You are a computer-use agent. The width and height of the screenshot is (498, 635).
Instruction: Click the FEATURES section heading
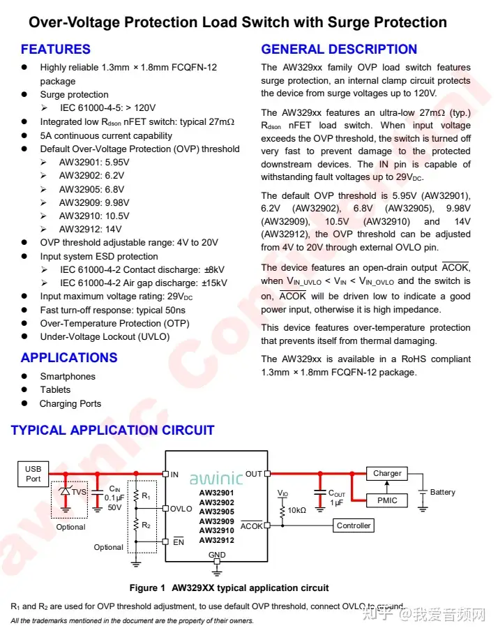[x=56, y=50]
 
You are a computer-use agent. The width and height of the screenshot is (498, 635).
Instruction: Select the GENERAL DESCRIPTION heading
[x=339, y=50]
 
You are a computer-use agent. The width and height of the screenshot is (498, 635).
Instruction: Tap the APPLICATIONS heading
[x=69, y=358]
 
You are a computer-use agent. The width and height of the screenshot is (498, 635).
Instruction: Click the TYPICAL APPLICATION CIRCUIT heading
[x=112, y=431]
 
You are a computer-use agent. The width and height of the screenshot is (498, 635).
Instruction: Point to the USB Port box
[x=33, y=474]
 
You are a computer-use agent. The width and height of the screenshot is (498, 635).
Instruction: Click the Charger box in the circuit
[x=387, y=473]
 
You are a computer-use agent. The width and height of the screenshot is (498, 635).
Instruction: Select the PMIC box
[x=387, y=500]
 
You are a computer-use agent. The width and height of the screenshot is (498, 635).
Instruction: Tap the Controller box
[x=354, y=525]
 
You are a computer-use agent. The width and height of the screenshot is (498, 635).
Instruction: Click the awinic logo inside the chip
[x=216, y=479]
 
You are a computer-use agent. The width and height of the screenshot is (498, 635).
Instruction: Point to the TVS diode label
[x=79, y=491]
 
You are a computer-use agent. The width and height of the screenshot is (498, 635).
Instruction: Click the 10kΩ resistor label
[x=297, y=510]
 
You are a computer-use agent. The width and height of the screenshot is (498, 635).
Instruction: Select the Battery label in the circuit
[x=442, y=492]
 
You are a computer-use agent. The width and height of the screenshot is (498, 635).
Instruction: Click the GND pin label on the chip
[x=217, y=555]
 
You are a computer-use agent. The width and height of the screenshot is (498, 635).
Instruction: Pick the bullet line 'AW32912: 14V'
[x=90, y=229]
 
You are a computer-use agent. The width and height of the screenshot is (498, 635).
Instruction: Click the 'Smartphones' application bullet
[x=68, y=376]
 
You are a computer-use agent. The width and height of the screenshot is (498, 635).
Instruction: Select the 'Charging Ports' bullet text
[x=70, y=403]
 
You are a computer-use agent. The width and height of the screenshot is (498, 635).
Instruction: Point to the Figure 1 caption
[x=229, y=588]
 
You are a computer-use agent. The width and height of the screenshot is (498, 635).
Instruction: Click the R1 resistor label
[x=146, y=496]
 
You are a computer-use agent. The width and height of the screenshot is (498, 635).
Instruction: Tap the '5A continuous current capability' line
[x=106, y=135]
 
